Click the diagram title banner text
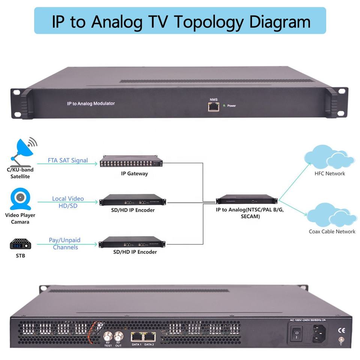180,21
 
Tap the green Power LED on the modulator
224,106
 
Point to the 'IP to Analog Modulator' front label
90,103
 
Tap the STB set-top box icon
20,244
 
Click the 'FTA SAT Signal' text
68,160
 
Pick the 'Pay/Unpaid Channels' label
65,244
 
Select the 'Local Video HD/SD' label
68,202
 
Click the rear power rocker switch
297,333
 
